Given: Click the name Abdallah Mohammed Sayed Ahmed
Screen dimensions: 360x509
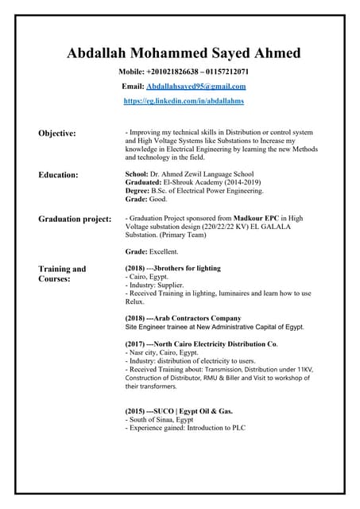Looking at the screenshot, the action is pyautogui.click(x=184, y=53).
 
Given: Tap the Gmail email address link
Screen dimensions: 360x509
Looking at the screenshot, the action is pyautogui.click(x=196, y=86).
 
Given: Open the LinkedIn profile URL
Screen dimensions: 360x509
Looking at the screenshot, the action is pyautogui.click(x=184, y=101).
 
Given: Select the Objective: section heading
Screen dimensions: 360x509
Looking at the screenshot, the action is pyautogui.click(x=57, y=133).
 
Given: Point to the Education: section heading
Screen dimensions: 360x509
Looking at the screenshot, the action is pyautogui.click(x=58, y=174).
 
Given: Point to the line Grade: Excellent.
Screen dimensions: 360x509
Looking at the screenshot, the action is pyautogui.click(x=152, y=251).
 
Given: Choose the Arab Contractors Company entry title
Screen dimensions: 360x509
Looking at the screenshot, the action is pyautogui.click(x=192, y=318).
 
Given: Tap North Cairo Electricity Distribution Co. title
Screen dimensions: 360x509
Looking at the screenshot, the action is pyautogui.click(x=206, y=344).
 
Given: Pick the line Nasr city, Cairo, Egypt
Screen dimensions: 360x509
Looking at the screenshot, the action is pyautogui.click(x=162, y=352).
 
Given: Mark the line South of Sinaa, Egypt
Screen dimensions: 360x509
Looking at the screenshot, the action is pyautogui.click(x=160, y=419).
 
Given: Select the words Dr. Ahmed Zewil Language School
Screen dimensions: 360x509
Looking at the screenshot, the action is pyautogui.click(x=202, y=174).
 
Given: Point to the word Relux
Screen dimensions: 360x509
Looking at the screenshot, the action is pyautogui.click(x=134, y=301).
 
